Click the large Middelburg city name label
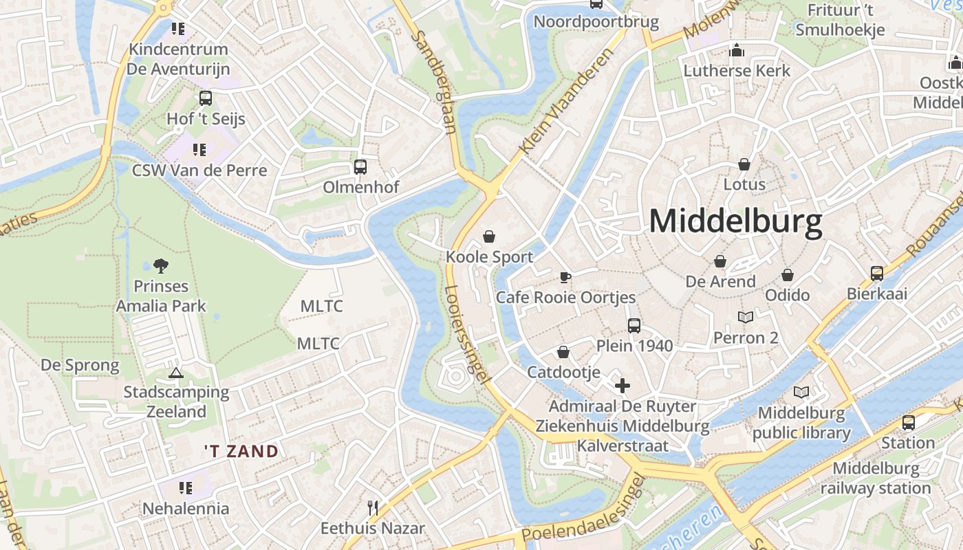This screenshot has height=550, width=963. [735, 222]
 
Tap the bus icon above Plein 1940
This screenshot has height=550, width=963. [634, 326]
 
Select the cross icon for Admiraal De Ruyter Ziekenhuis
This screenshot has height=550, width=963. [623, 386]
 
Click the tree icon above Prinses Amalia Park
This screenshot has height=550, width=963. [161, 265]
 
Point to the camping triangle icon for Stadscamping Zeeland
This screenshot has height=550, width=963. [176, 373]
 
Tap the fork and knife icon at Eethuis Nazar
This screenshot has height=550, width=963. [373, 508]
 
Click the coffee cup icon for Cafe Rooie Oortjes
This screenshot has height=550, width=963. [565, 277]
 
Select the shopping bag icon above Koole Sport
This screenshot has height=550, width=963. [489, 237]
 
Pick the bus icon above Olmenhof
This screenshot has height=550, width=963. [360, 167]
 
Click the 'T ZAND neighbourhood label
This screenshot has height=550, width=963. [241, 452]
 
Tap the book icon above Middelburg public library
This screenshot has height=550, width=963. [801, 393]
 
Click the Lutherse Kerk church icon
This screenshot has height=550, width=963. [737, 50]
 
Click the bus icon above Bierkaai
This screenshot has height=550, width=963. [877, 274]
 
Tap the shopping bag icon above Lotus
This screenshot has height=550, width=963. [744, 164]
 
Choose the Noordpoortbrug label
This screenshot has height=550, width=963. [596, 22]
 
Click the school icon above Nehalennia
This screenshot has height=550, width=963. [185, 488]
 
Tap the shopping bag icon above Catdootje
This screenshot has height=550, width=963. [563, 353]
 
